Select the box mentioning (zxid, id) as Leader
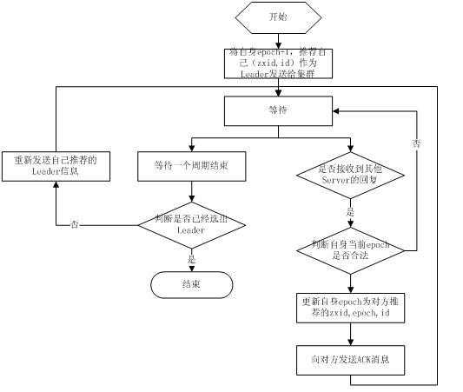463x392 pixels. [277, 63]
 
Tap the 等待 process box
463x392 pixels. [277, 110]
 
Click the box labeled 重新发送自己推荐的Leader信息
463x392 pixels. [56, 165]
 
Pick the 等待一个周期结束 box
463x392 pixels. [191, 164]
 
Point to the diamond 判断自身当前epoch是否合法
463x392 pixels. [349, 252]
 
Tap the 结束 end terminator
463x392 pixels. [191, 284]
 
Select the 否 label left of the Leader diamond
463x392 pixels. [75, 224]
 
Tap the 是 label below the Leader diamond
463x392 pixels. [191, 258]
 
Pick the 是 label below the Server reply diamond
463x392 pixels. [351, 211]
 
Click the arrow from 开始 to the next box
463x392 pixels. [277, 39]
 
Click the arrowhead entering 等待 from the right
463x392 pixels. [334, 110]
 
